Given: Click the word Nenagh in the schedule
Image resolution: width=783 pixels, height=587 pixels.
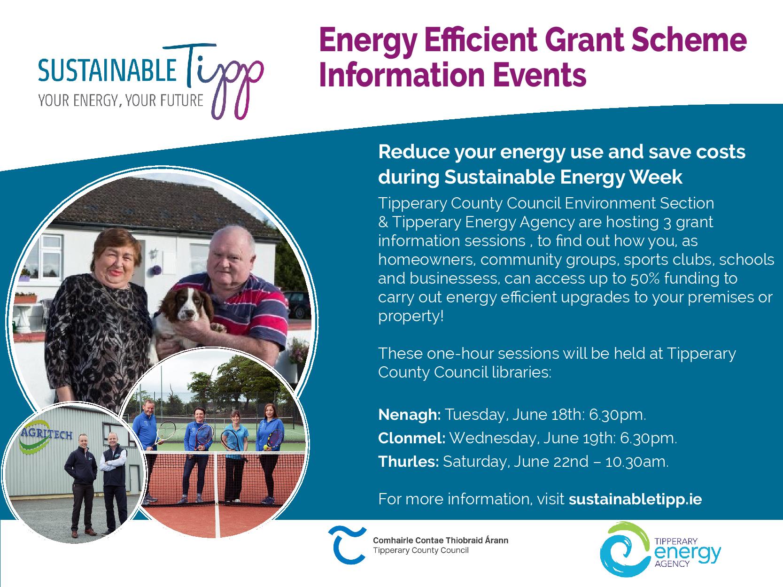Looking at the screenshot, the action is click(409, 415).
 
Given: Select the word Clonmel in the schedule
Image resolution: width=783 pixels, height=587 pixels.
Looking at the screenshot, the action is click(411, 438).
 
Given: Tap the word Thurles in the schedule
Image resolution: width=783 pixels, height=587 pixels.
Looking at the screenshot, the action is click(409, 462).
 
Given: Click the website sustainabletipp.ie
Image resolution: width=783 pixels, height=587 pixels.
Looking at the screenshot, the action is click(636, 499).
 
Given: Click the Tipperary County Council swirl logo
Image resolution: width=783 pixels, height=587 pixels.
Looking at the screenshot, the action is click(347, 545).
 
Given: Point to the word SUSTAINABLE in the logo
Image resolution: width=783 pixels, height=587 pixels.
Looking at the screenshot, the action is click(108, 70).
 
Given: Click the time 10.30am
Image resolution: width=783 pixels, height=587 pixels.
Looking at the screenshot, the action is click(637, 462).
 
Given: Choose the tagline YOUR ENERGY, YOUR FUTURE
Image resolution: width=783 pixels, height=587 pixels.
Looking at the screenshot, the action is click(121, 100).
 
